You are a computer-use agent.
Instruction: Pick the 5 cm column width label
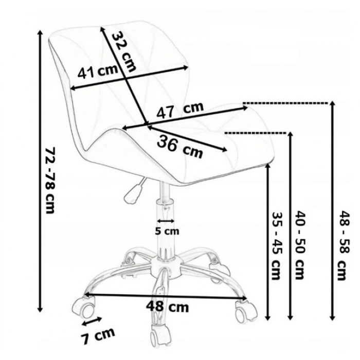pyautogui.click(x=167, y=231)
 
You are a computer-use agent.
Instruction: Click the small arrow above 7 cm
pyautogui.click(x=91, y=323)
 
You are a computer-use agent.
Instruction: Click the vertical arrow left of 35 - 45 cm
pyautogui.click(x=267, y=242)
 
